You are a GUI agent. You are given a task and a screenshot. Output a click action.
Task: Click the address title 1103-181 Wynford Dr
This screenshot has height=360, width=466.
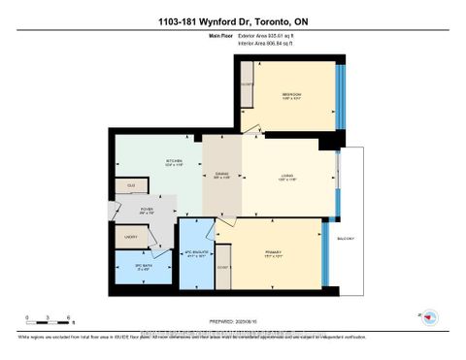tap(232, 22)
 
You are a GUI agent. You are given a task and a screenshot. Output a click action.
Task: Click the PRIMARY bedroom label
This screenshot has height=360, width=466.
tap(273, 254)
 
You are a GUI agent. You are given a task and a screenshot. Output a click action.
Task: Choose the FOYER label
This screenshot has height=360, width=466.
tap(148, 209)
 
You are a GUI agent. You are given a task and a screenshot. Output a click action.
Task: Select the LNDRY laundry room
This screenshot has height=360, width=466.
tap(130, 235)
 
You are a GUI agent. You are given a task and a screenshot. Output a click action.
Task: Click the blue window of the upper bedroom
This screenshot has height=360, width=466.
tap(338, 94)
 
